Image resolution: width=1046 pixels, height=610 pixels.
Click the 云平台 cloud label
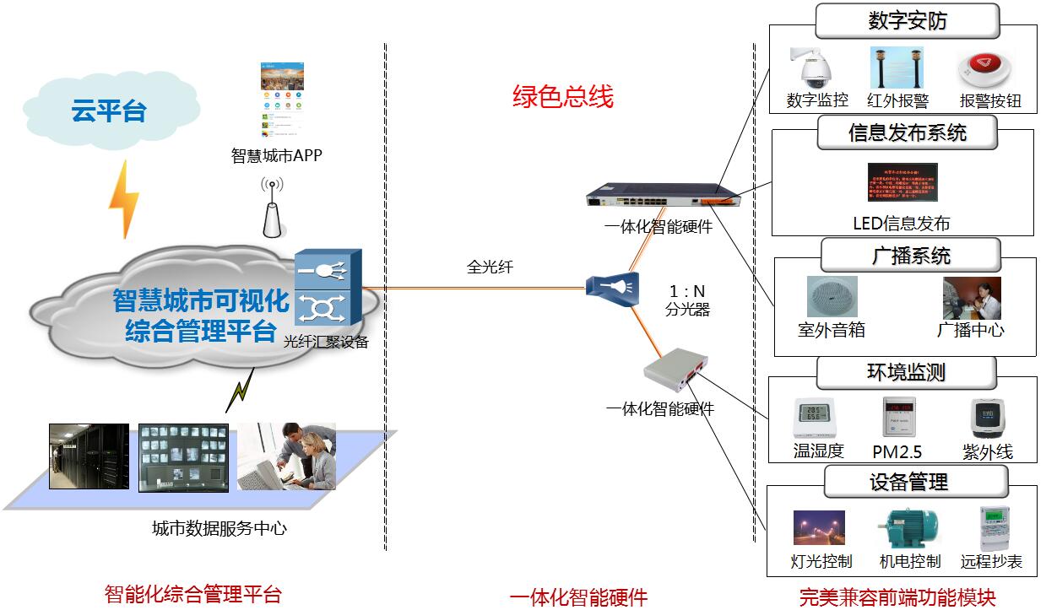tap(108, 111)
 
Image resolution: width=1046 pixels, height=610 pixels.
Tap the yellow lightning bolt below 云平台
tap(124, 199)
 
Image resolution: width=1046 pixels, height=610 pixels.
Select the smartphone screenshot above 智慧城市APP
tap(279, 99)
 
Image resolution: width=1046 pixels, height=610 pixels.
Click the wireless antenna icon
tap(271, 208)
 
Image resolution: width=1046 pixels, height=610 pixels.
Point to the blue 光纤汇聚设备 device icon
tap(328, 288)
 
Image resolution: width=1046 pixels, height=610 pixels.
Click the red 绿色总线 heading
tap(562, 96)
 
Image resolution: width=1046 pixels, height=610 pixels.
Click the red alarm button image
tap(989, 69)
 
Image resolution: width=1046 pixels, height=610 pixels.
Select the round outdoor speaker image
tap(831, 296)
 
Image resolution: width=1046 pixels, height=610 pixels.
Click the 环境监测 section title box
tap(907, 372)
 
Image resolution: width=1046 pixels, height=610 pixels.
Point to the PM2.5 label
tap(897, 452)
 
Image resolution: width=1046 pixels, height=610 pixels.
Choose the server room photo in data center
tap(88, 456)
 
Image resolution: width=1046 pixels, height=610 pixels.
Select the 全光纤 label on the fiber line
tap(490, 267)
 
